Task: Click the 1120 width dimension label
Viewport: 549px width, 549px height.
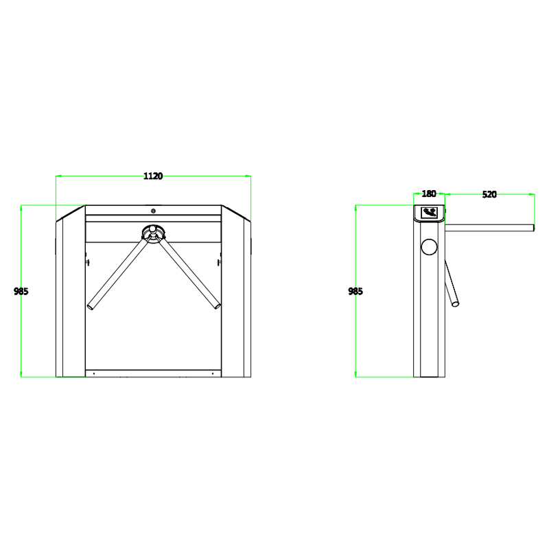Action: [152, 176]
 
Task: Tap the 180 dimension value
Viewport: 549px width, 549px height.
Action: [429, 194]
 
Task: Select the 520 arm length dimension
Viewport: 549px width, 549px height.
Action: [489, 194]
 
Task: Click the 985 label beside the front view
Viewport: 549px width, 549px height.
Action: [21, 291]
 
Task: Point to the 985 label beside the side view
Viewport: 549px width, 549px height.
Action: [355, 291]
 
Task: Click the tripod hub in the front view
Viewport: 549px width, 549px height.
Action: [153, 233]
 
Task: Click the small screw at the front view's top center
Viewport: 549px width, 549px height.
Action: [153, 211]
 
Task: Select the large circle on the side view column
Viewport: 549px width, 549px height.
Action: [430, 247]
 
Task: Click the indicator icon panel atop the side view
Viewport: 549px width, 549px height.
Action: [430, 212]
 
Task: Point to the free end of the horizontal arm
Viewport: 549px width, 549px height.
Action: [533, 227]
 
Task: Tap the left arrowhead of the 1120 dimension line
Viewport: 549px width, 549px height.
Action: [58, 176]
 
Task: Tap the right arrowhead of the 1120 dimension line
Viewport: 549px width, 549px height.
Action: [249, 176]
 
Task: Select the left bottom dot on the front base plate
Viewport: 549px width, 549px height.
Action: [93, 373]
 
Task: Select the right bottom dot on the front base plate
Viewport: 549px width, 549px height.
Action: [213, 373]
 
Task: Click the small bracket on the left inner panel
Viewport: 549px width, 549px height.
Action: [86, 261]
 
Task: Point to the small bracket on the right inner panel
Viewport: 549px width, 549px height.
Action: [219, 261]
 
